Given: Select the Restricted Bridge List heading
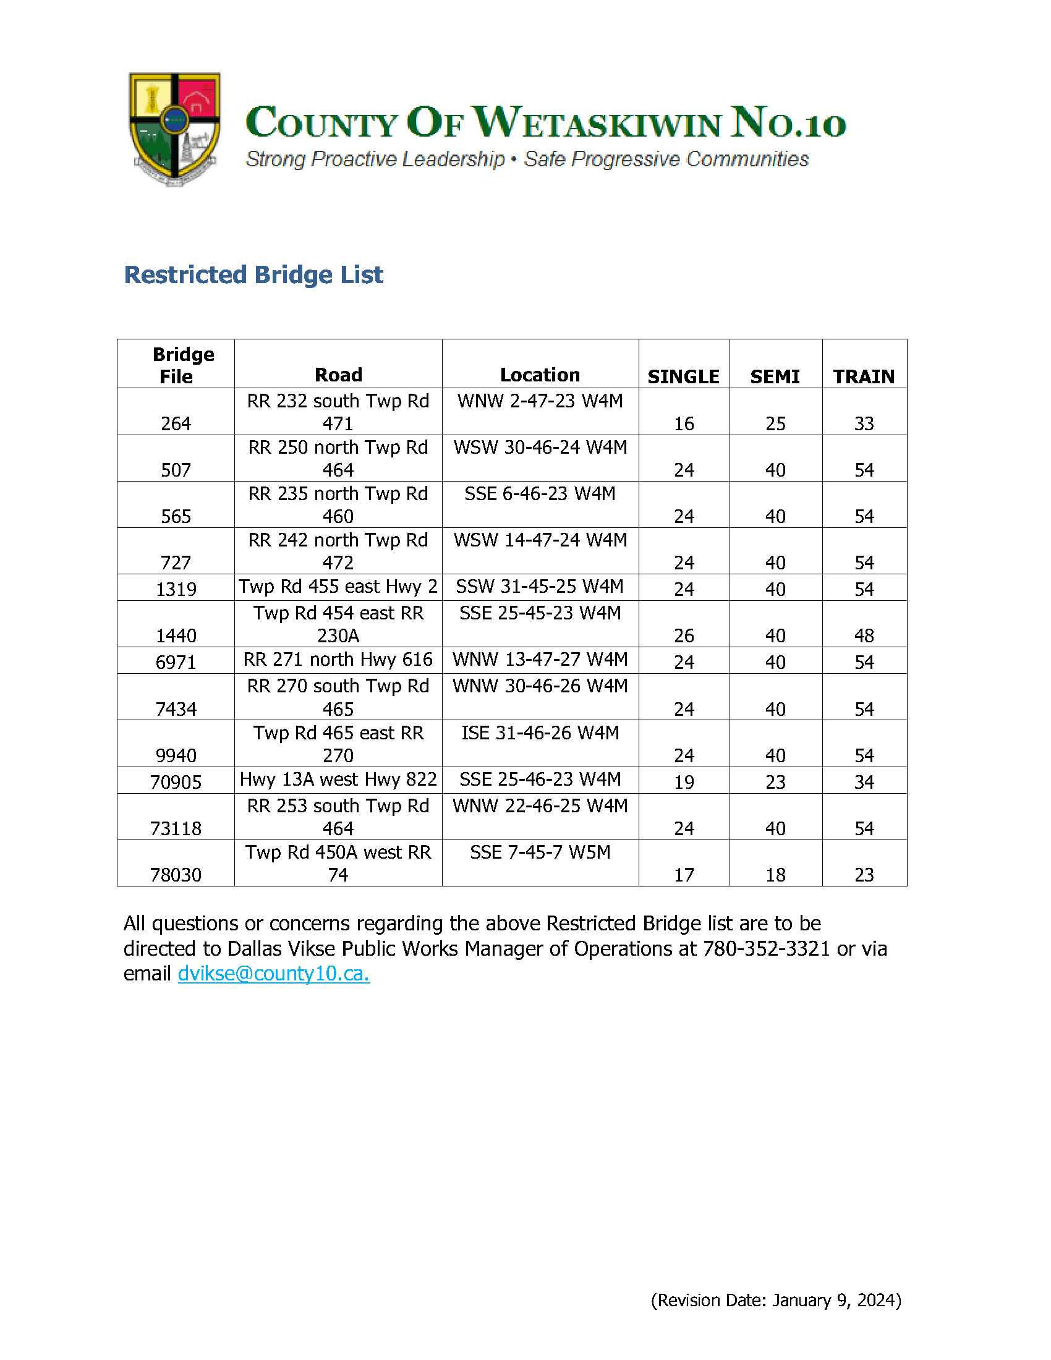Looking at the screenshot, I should coord(253,274).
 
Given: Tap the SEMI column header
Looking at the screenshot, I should coord(775,376).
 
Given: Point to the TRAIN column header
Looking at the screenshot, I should coord(864,376).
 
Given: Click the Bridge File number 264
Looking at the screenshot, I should coord(176,423).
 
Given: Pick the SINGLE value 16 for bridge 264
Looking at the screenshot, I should coord(684,423).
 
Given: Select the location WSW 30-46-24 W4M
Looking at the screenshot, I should coord(540,447).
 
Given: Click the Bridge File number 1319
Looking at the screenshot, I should coord(176,589).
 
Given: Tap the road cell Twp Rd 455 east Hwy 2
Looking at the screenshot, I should coord(338,587).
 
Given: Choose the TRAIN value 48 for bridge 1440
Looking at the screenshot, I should coord(864,635).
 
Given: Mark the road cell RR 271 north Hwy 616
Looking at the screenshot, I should coord(338,660).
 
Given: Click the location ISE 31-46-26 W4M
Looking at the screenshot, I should coord(540,733).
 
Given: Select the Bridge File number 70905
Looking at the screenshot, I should coord(176,781).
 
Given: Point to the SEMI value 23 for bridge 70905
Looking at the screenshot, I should coord(775,781).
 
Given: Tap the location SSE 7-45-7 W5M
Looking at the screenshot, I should coord(540,852).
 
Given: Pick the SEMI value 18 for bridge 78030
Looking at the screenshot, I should coord(775,875).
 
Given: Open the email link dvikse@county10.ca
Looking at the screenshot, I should coord(273,973).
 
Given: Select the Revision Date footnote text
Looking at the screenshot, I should coord(776,1300).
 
